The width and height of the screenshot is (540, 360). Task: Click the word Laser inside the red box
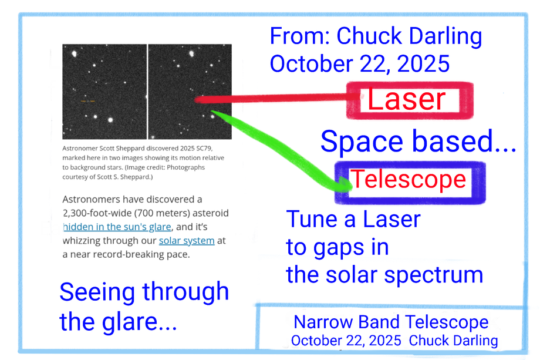(x=406, y=100)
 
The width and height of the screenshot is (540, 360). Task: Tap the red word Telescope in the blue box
(x=408, y=179)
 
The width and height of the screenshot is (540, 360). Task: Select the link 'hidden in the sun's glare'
(x=117, y=227)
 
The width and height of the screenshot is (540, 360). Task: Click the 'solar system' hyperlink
(x=187, y=240)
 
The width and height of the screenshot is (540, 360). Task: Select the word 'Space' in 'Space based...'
(x=362, y=142)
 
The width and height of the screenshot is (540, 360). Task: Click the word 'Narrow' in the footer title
(x=323, y=322)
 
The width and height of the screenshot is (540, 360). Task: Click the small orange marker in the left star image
(x=88, y=101)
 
